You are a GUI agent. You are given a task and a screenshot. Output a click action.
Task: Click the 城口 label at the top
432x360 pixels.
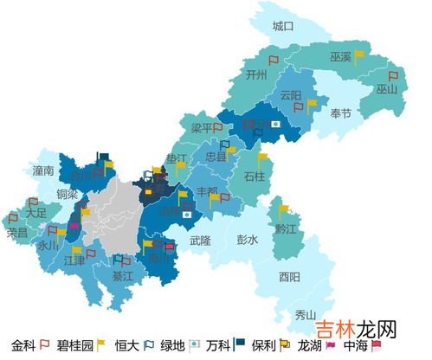point(283,26)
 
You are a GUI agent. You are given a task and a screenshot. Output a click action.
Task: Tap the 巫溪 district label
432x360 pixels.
point(340,56)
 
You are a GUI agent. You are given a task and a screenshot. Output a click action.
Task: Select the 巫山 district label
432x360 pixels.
point(386,89)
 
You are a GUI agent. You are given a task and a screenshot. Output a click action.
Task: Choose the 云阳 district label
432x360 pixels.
point(291,94)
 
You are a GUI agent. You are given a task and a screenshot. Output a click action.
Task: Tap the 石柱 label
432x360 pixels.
point(254,177)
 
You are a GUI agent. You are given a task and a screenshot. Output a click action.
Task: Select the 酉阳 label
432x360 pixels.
point(290,277)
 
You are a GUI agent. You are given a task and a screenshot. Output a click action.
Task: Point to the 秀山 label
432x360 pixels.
point(306,315)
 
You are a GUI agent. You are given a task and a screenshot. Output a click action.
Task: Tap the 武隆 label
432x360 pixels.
point(200,241)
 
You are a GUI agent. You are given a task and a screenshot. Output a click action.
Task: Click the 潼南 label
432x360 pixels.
point(43,170)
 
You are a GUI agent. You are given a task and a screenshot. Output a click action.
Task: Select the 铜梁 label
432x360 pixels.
point(68,194)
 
